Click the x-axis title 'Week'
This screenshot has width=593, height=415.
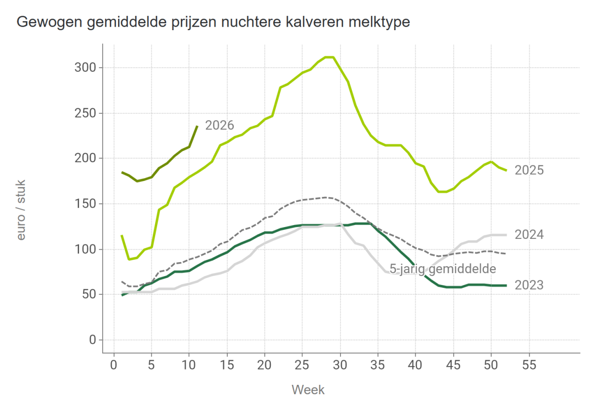(x=308, y=390)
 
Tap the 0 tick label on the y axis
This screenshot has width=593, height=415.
(x=92, y=340)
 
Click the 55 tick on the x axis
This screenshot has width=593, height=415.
(x=529, y=364)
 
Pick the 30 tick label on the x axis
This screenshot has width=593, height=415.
(x=340, y=364)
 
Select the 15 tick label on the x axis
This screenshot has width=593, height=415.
(x=227, y=364)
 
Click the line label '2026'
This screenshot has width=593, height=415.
(x=219, y=125)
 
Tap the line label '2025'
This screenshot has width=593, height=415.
(x=529, y=171)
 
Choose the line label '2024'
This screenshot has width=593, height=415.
(x=529, y=235)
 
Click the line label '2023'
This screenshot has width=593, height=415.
(x=529, y=285)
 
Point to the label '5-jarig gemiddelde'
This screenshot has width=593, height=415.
(x=443, y=269)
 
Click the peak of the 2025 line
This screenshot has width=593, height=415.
(x=330, y=57)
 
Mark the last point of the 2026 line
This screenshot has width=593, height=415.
(x=197, y=126)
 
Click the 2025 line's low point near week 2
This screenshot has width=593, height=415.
(x=129, y=259)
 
